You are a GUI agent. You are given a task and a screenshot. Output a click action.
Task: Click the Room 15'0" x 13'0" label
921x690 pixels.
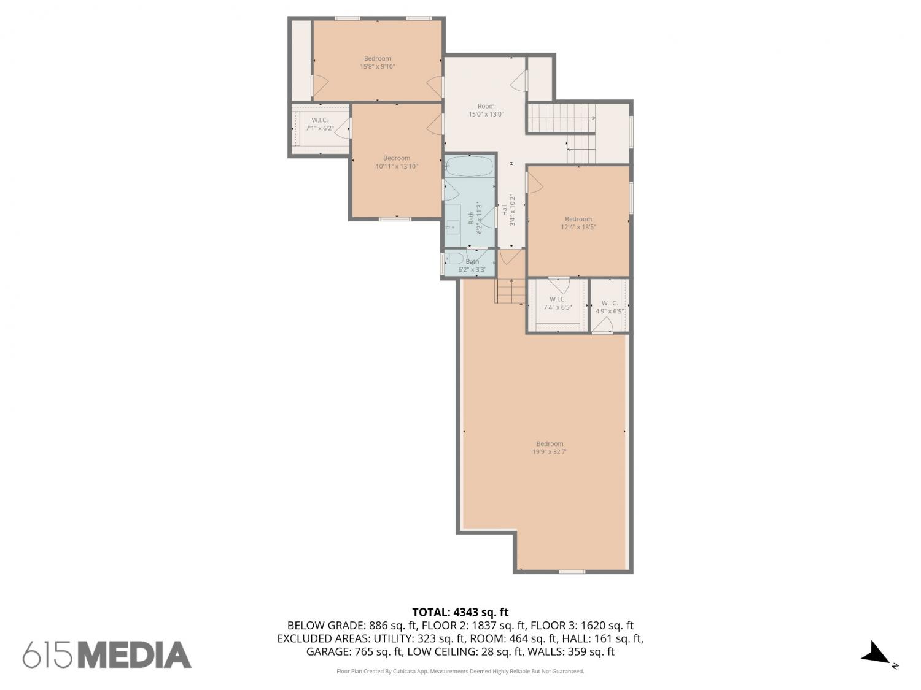(x=486, y=110)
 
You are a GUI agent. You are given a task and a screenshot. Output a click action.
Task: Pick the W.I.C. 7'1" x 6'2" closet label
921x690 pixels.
(x=320, y=124)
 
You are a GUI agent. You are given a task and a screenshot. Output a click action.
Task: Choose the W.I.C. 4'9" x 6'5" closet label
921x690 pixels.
(x=609, y=307)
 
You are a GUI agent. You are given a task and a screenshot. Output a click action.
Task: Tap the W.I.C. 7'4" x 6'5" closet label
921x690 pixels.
(x=558, y=304)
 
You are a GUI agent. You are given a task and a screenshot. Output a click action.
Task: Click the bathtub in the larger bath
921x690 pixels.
(x=469, y=166)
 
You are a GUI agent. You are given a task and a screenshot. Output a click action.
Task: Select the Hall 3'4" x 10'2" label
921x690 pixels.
(x=508, y=210)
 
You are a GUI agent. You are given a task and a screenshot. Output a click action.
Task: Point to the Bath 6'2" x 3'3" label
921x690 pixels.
(x=472, y=266)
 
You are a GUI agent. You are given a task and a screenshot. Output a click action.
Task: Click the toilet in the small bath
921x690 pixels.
(x=454, y=258)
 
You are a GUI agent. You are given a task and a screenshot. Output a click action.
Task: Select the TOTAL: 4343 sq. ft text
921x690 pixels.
(x=460, y=613)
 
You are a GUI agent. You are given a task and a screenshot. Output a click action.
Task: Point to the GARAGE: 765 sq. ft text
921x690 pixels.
(x=355, y=652)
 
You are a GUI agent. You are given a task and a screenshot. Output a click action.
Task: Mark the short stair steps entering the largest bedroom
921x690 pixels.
(x=510, y=291)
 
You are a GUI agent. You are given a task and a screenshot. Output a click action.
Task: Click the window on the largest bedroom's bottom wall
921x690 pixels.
(x=572, y=572)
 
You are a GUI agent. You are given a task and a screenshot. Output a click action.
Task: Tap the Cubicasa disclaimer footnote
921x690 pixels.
(x=460, y=672)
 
